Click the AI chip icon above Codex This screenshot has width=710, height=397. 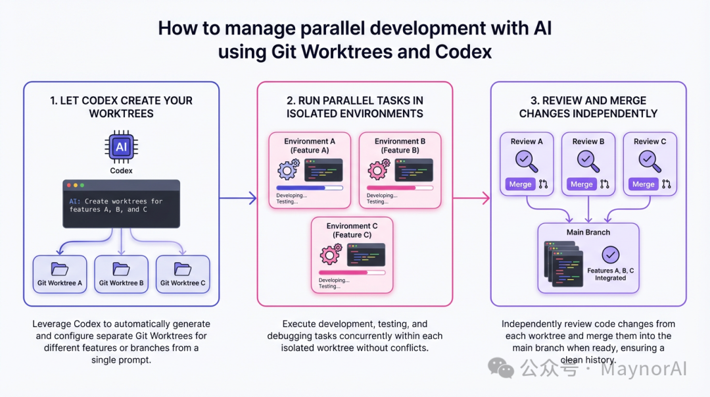tap(121, 147)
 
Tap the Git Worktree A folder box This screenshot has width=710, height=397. tap(60, 274)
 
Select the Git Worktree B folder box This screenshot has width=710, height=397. tap(121, 274)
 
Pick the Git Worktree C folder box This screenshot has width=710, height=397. tap(183, 274)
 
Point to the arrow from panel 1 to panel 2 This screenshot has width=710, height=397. tap(237, 197)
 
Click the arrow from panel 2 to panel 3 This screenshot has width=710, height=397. tap(471, 197)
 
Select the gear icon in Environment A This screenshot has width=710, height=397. tap(288, 170)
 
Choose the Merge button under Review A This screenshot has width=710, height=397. tap(520, 184)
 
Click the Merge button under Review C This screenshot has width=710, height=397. tap(643, 184)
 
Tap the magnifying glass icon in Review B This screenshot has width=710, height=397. tap(588, 160)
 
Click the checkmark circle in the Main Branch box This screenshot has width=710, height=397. tap(610, 255)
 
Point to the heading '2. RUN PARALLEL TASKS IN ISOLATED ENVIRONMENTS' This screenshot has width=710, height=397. tap(354, 107)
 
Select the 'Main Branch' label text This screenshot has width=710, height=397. tap(588, 232)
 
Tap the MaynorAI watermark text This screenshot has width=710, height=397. tap(644, 369)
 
